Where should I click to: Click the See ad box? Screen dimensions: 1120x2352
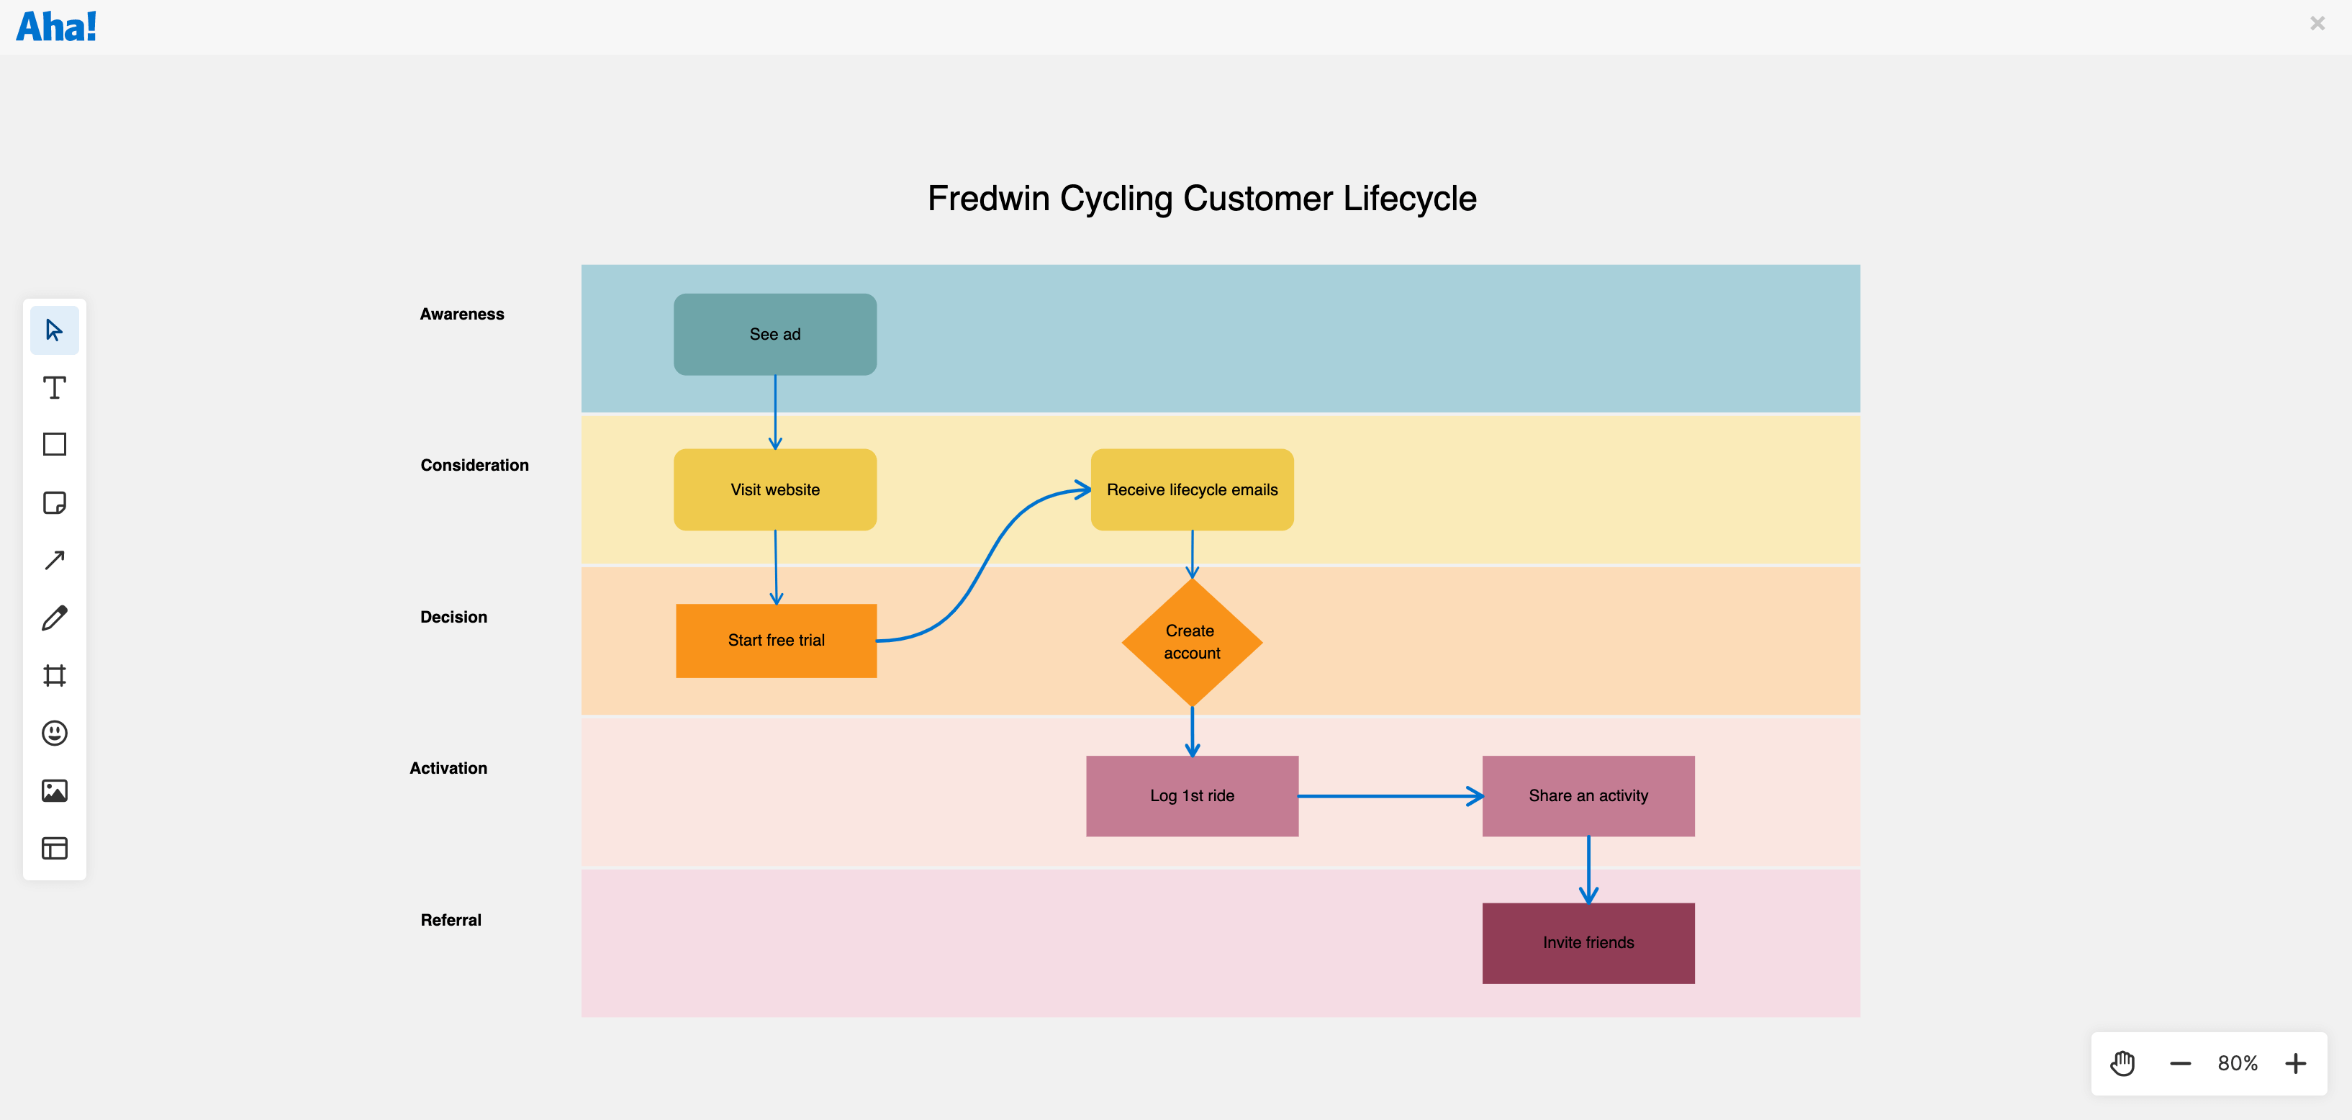774,334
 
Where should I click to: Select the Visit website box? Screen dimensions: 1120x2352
774,489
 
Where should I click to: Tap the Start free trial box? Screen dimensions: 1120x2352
775,640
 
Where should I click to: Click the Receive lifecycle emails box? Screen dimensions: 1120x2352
1192,489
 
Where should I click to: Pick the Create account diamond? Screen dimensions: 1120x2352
1192,641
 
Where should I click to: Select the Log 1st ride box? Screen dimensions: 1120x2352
1192,795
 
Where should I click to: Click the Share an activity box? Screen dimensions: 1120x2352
1588,795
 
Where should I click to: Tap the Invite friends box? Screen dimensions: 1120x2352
1588,942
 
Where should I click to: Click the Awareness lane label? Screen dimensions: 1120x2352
461,314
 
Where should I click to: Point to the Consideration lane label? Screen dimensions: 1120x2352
474,464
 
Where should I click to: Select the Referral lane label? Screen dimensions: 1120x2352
450,920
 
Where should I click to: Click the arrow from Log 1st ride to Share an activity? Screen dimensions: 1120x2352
1388,796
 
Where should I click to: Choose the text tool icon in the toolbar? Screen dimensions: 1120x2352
54,388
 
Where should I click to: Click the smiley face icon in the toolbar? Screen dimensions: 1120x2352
54,733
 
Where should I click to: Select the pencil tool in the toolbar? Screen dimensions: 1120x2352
54,618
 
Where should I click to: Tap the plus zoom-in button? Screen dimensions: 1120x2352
2295,1063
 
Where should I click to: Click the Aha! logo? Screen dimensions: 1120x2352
57,27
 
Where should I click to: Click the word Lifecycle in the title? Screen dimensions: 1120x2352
1409,198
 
